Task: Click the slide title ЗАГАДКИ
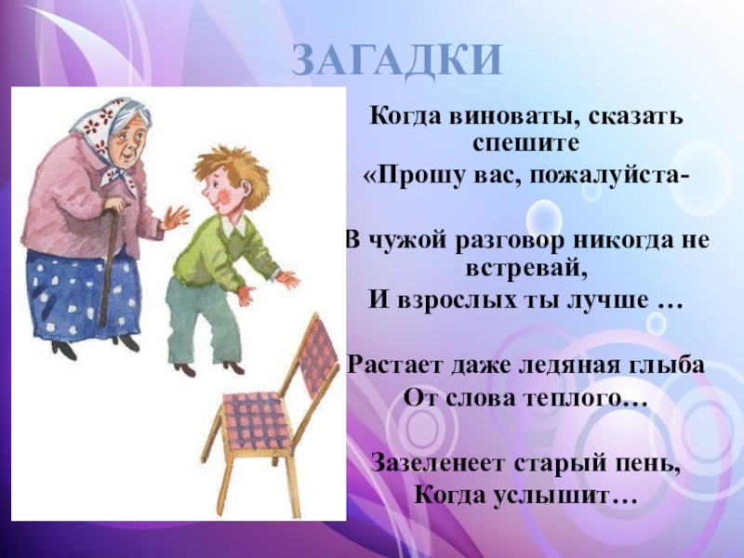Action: pyautogui.click(x=397, y=60)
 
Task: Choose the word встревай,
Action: pyautogui.click(x=526, y=267)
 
